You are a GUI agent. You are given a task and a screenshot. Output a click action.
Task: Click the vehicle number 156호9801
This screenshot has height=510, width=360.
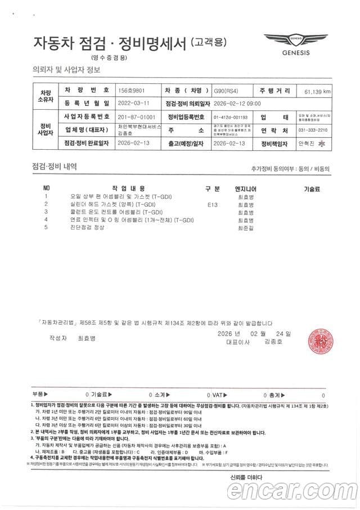131,90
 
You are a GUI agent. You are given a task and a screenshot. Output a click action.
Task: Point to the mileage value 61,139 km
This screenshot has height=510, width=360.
317,91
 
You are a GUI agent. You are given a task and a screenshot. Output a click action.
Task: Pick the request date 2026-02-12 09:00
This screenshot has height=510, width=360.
237,104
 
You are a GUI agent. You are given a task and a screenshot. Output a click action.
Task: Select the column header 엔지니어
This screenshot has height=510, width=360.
245,188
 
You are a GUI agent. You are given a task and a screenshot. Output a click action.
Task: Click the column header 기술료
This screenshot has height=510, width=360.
312,188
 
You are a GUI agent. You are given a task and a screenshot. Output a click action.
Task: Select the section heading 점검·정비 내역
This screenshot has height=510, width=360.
55,167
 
